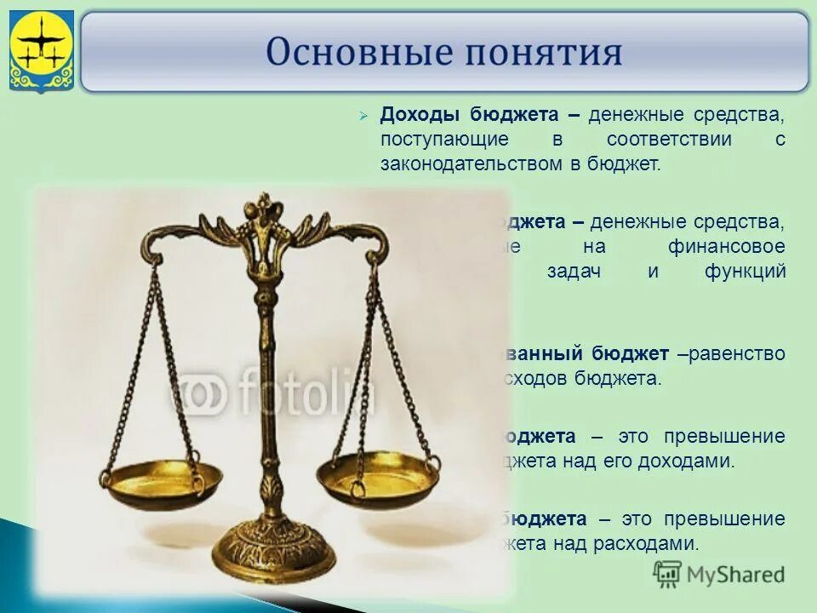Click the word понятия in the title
[538, 53]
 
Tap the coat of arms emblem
[41, 51]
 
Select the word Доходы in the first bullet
[413, 115]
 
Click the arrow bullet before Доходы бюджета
[363, 116]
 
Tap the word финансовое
[728, 247]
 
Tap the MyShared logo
[719, 574]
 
